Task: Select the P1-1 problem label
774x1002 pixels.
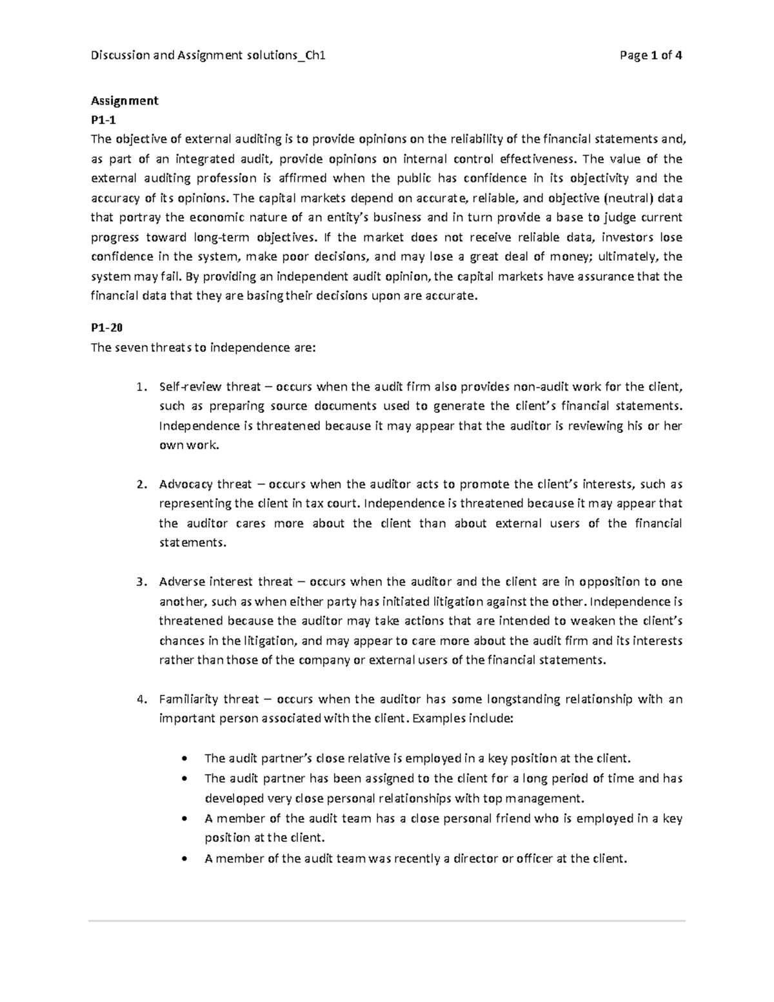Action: (x=104, y=120)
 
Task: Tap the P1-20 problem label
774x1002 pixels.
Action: (x=106, y=328)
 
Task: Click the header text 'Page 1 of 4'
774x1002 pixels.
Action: (x=650, y=55)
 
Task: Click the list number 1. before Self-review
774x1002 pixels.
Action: (x=142, y=387)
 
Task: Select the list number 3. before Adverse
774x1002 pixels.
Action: (x=142, y=582)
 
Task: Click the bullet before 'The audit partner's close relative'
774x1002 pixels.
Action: (x=186, y=759)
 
